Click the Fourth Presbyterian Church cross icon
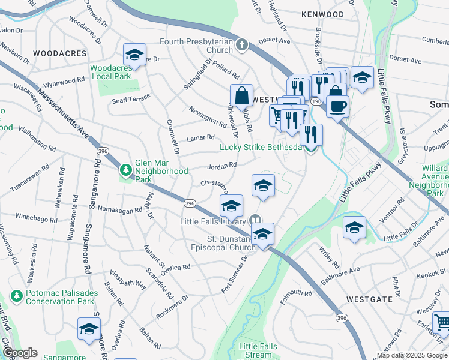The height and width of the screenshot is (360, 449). tap(241, 45)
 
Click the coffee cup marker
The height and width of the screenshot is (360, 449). tap(339, 106)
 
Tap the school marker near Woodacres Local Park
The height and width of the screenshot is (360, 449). tap(135, 55)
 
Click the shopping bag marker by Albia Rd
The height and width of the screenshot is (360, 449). tap(241, 95)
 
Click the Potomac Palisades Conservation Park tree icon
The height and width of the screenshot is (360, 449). tap(17, 296)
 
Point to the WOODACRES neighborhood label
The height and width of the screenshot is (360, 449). tap(60, 53)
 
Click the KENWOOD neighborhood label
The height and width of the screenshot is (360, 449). tap(323, 14)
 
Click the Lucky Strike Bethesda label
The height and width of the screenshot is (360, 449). tap(261, 148)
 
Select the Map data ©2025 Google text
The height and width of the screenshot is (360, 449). tap(412, 355)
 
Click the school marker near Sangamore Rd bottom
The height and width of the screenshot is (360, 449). tap(89, 329)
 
